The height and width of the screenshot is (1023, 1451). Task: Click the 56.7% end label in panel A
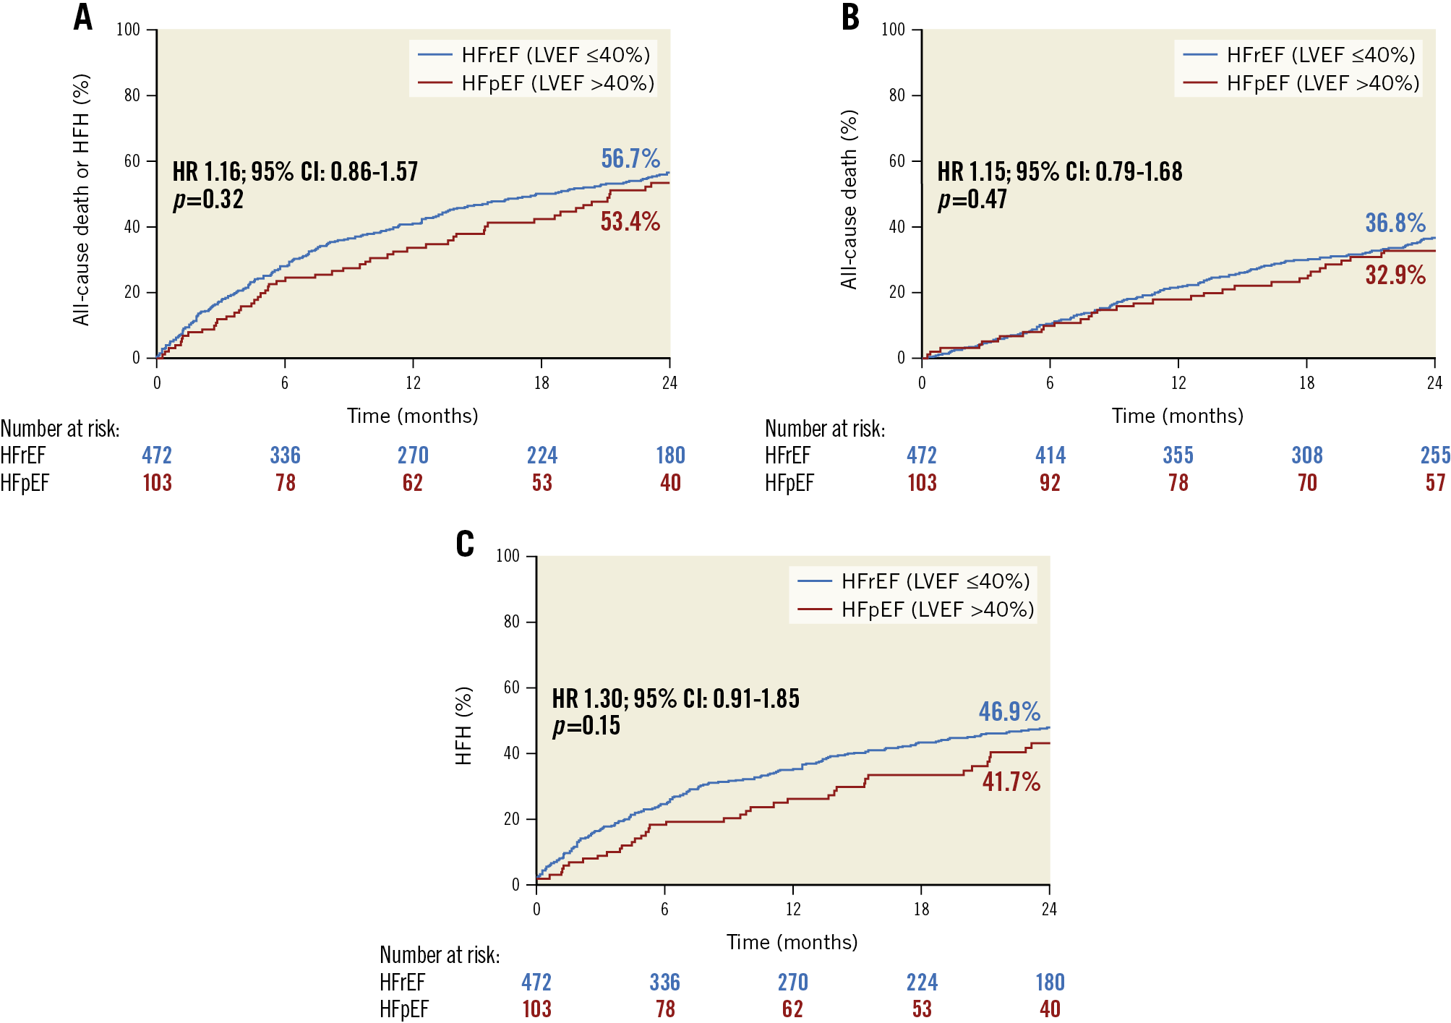tap(630, 158)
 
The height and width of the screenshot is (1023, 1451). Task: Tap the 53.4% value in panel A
tap(630, 221)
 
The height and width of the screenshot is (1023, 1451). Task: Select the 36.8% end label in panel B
tap(1395, 223)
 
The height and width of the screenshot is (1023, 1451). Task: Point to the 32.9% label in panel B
tap(1395, 275)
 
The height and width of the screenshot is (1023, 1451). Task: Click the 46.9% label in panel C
tap(1009, 711)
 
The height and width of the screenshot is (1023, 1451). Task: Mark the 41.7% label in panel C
tap(1011, 782)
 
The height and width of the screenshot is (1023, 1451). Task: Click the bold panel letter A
tap(83, 17)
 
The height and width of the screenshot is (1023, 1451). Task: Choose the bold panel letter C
tap(465, 544)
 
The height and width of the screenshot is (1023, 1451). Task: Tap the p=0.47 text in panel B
tap(972, 199)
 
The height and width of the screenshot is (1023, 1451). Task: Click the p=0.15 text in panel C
tap(586, 725)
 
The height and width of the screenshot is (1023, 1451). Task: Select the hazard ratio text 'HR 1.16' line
tap(295, 171)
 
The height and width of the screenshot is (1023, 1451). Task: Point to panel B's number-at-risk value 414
tap(1050, 455)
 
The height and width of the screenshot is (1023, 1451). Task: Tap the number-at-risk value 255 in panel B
tap(1435, 455)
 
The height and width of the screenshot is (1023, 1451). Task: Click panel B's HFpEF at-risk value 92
tap(1050, 483)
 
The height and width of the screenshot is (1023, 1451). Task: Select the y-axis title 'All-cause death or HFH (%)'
tap(81, 199)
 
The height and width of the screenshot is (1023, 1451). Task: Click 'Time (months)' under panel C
tap(792, 942)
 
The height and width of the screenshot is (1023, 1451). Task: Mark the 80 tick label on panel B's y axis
tap(896, 95)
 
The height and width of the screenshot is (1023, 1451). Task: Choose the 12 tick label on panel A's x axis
tap(413, 383)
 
